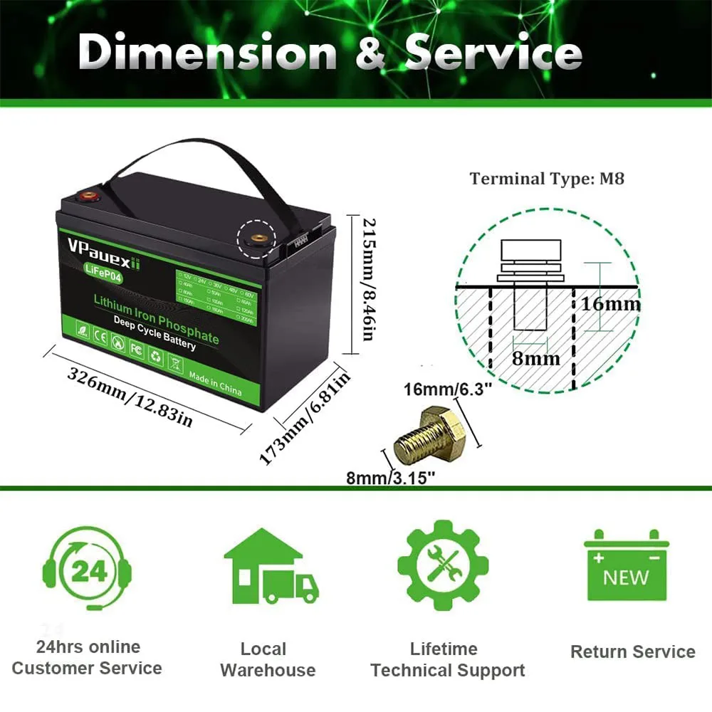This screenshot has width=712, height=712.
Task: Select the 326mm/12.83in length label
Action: pyautogui.click(x=130, y=397)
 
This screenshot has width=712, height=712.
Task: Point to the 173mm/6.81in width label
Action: pyautogui.click(x=304, y=418)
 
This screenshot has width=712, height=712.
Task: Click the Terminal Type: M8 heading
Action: pyautogui.click(x=546, y=179)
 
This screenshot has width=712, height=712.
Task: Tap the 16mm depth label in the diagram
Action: pyautogui.click(x=610, y=304)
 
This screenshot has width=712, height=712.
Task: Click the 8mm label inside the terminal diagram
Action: pyautogui.click(x=535, y=358)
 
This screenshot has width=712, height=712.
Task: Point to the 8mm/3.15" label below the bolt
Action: pyautogui.click(x=391, y=478)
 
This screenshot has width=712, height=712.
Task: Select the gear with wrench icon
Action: pyautogui.click(x=443, y=566)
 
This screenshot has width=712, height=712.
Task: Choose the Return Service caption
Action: pyautogui.click(x=632, y=651)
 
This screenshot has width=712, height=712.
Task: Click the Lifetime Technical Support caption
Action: pyautogui.click(x=447, y=659)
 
